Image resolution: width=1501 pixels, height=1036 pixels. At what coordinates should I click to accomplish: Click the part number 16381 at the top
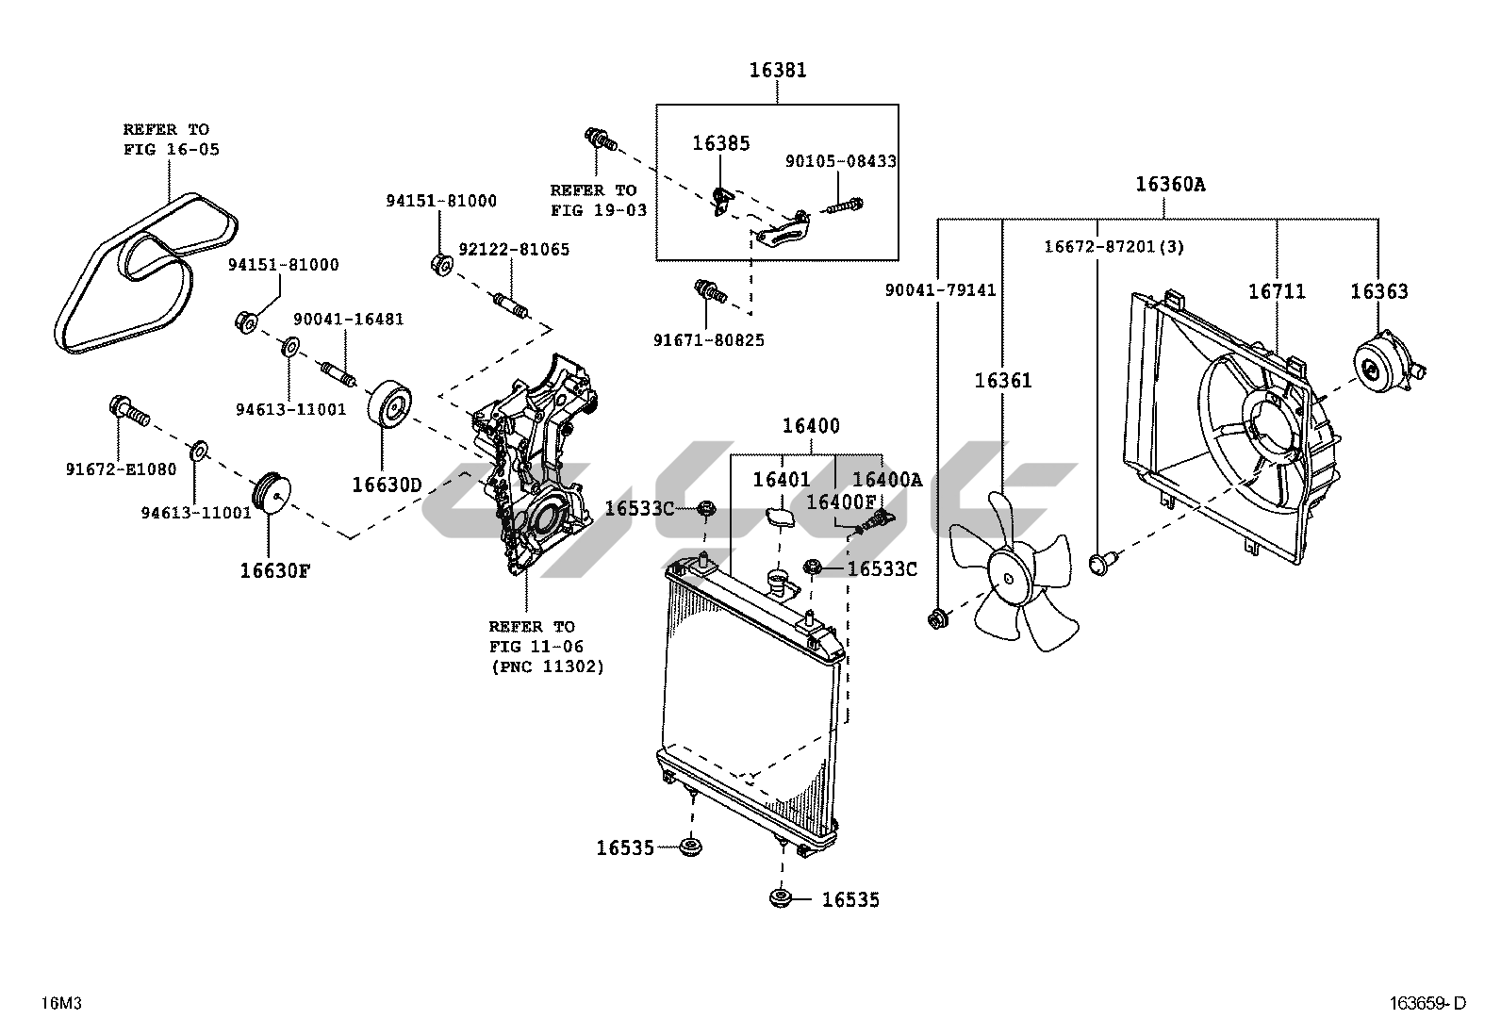[777, 70]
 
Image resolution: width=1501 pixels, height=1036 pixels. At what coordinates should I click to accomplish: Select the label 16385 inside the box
[720, 142]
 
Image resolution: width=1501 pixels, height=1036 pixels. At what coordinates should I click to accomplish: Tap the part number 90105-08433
[840, 161]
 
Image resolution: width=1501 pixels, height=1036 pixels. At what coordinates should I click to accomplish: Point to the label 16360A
[1170, 184]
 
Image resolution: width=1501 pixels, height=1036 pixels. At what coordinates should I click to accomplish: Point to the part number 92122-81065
[514, 249]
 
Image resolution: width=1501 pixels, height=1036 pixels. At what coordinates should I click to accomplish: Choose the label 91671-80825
[708, 340]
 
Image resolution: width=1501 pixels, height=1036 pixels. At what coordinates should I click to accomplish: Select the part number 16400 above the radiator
[811, 425]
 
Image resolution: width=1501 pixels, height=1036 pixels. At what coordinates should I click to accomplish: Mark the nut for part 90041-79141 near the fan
[937, 619]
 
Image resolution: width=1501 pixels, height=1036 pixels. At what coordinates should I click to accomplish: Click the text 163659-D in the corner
[1427, 1002]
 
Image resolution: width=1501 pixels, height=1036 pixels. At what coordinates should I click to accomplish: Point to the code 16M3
[61, 1002]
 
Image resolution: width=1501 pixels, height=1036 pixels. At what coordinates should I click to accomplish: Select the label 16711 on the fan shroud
[1277, 291]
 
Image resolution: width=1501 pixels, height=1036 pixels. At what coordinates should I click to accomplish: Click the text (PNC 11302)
[548, 666]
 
